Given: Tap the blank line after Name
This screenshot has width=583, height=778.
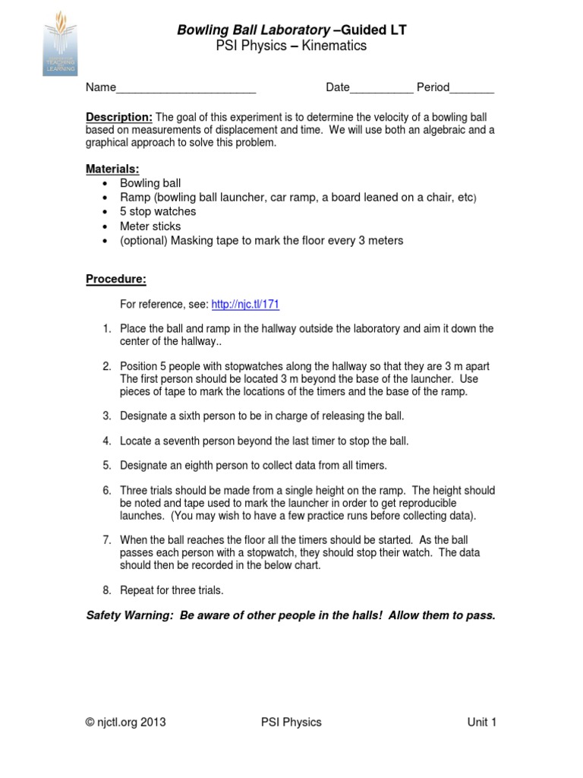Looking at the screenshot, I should pyautogui.click(x=185, y=88).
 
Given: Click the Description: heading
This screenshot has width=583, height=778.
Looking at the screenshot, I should pyautogui.click(x=119, y=117).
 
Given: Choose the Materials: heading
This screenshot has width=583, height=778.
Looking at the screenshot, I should pyautogui.click(x=112, y=169).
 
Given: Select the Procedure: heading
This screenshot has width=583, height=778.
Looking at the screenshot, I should pyautogui.click(x=115, y=279).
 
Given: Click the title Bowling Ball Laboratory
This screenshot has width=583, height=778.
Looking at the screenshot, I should pyautogui.click(x=254, y=30).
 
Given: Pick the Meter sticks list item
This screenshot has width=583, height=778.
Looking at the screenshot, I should pyautogui.click(x=150, y=226).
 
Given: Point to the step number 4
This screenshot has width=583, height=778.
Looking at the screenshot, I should pyautogui.click(x=107, y=441).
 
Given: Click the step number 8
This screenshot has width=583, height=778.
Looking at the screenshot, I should pyautogui.click(x=107, y=590).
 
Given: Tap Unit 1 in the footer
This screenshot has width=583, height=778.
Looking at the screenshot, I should pyautogui.click(x=481, y=722).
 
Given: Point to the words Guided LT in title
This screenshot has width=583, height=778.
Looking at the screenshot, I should pyautogui.click(x=373, y=30).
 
